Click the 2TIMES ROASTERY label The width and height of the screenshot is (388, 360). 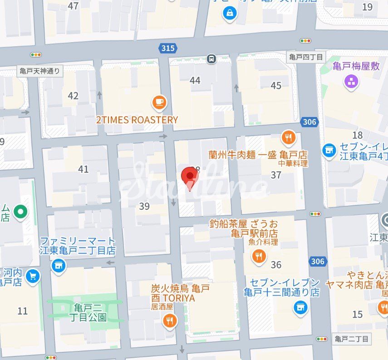137,120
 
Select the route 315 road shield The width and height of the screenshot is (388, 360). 167,48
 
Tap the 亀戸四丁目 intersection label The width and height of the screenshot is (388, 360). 306,57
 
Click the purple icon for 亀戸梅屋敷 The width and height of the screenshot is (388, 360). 351,82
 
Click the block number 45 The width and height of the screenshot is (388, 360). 276,86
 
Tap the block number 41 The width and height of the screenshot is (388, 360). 83,169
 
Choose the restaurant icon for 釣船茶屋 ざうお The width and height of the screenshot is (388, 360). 259,257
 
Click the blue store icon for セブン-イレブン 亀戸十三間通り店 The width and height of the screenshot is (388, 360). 300,308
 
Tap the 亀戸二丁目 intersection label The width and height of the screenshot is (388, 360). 352,339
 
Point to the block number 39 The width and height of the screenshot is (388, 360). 144,206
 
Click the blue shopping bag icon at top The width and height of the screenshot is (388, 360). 230,14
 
